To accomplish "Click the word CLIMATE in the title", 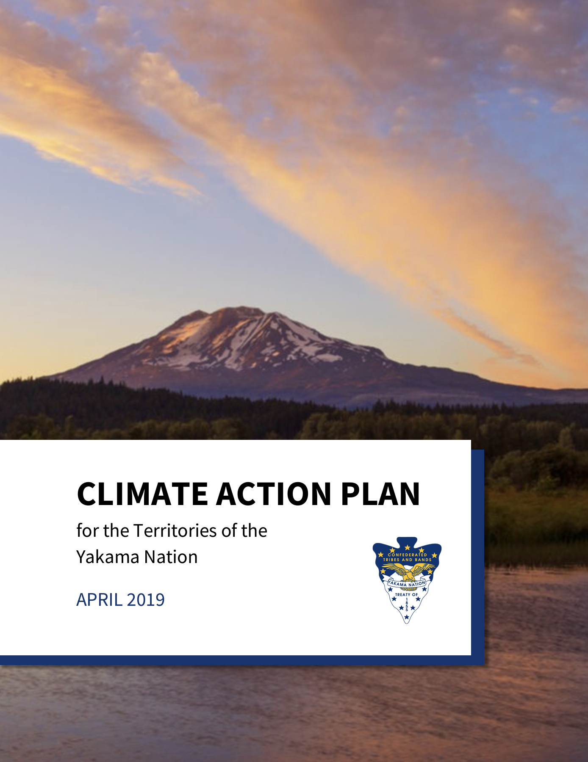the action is [x=142, y=494].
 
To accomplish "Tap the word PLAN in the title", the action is [x=380, y=494].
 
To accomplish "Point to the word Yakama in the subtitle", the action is [x=108, y=557].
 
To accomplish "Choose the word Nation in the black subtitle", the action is [x=171, y=557].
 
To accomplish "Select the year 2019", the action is [x=146, y=599].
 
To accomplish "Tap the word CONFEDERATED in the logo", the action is [x=408, y=555].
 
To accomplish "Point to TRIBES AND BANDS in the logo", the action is [x=407, y=560].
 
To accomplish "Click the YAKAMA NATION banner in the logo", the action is [x=407, y=584].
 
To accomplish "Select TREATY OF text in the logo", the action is [x=407, y=595].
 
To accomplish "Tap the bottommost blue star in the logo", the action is [x=407, y=617].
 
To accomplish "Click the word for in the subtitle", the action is [x=87, y=530].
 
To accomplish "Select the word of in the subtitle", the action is [x=230, y=530].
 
